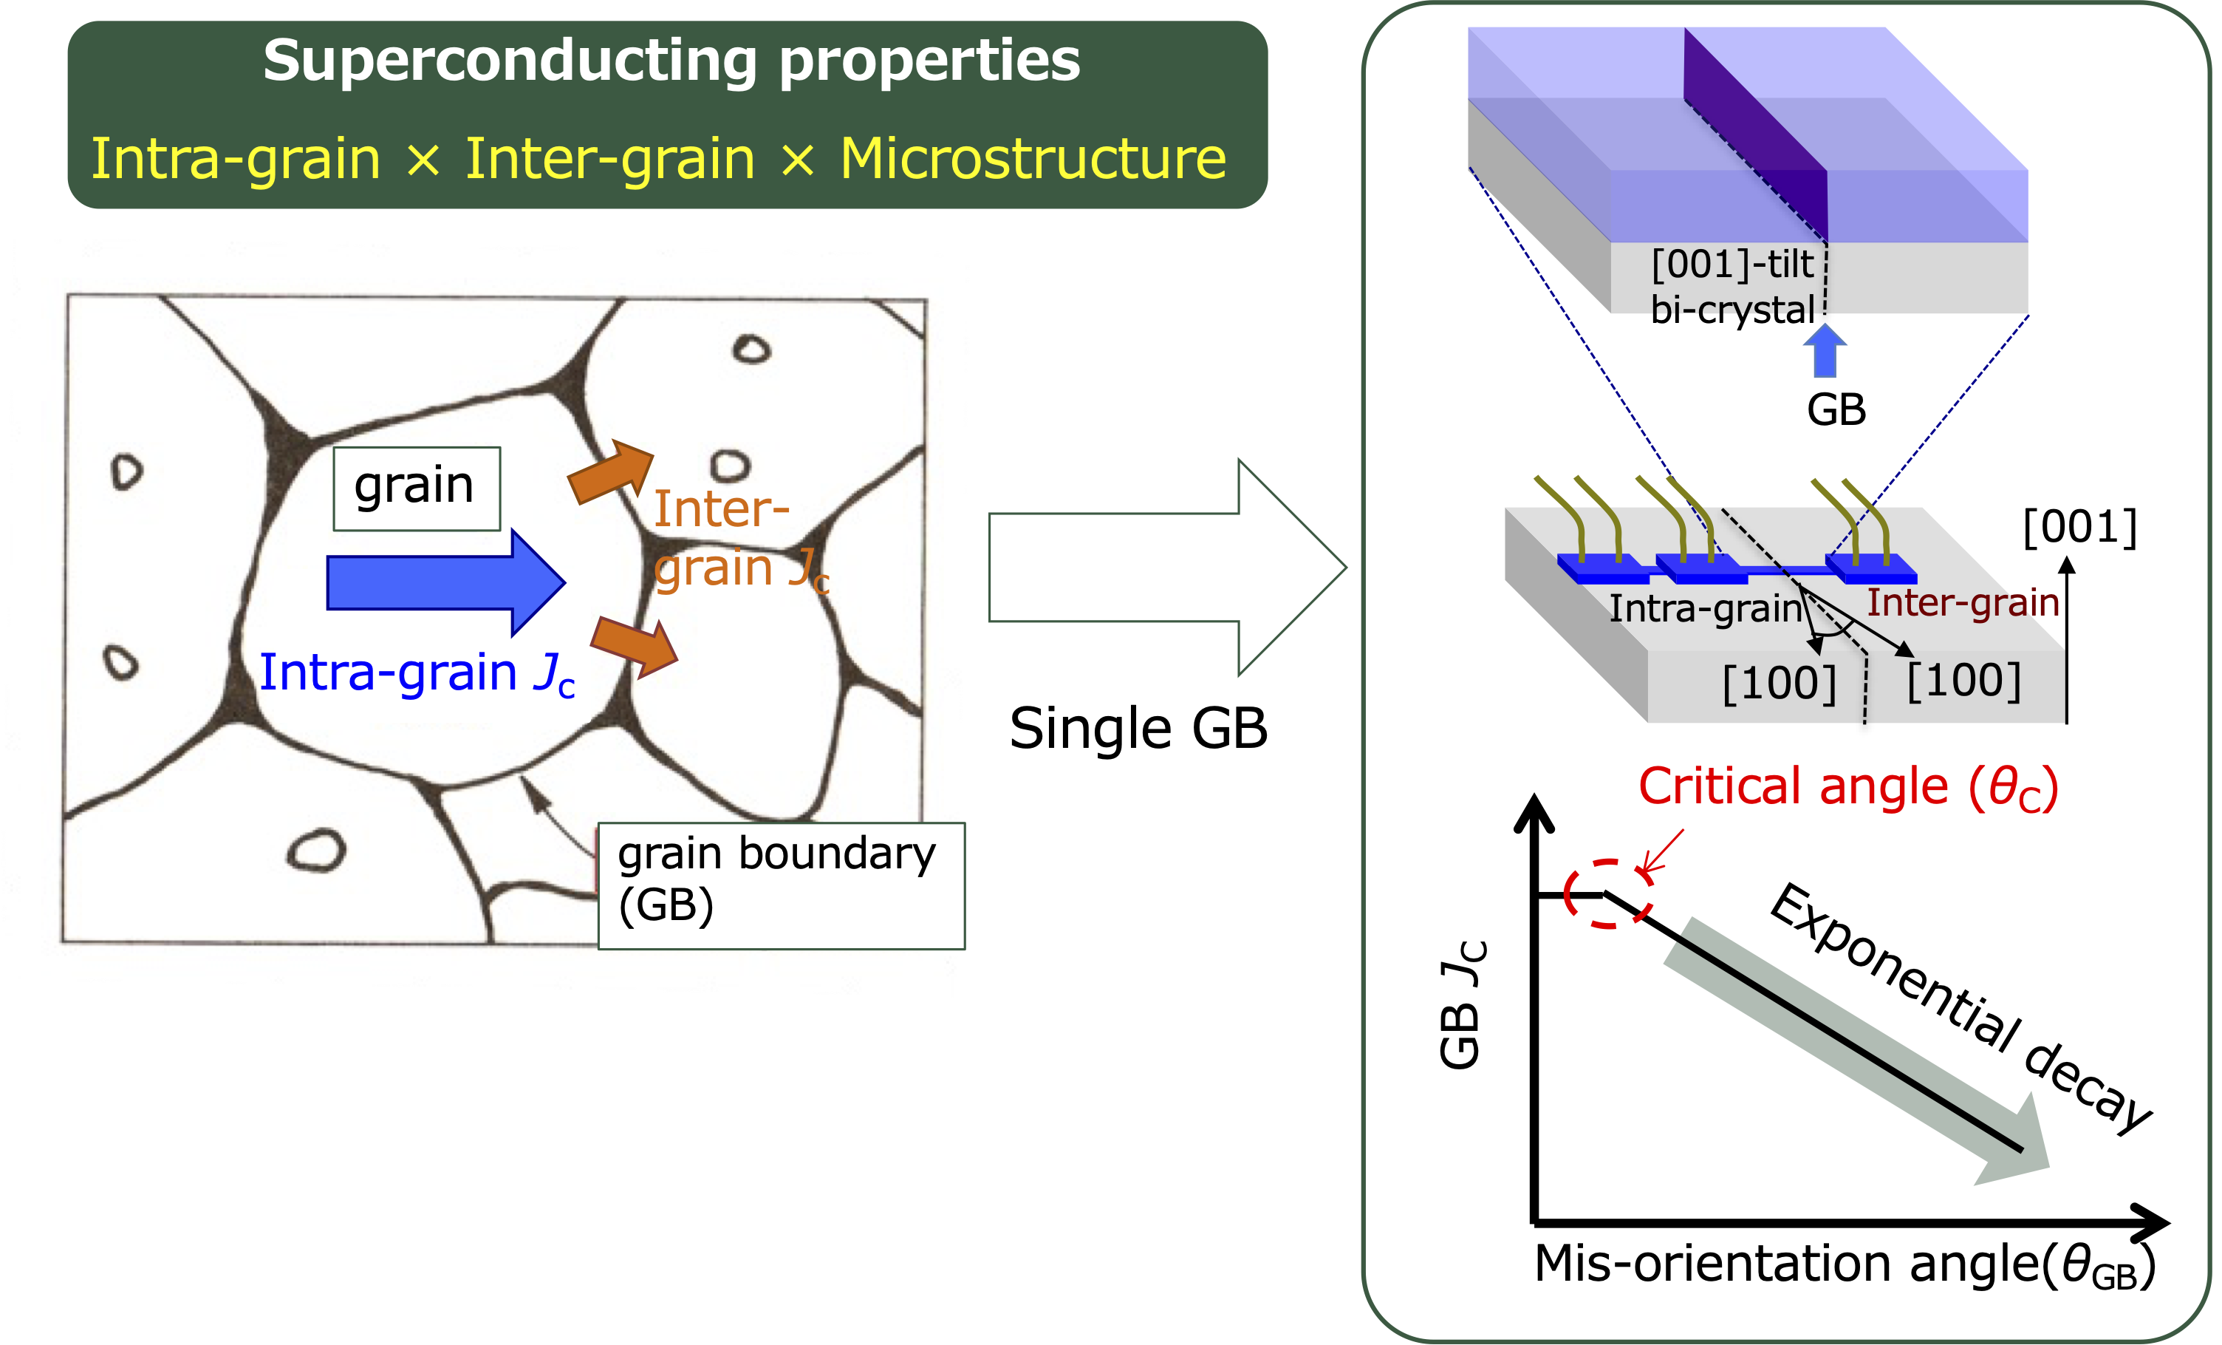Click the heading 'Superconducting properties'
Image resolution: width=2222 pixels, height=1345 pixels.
point(671,61)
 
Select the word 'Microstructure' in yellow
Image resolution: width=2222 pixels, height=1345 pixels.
point(1033,159)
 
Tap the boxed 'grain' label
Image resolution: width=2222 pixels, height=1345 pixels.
point(417,488)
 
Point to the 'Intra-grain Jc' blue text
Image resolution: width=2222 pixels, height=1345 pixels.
point(417,673)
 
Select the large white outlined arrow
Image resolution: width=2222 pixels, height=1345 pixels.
point(1168,568)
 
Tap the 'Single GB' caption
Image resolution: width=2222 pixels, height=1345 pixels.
point(1138,728)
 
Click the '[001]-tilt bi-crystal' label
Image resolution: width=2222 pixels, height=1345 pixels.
point(1732,287)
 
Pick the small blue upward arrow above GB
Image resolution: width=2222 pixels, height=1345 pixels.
point(1825,350)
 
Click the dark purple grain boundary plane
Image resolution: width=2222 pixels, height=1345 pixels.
point(1757,135)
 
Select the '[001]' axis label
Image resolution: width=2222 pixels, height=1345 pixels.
point(2079,527)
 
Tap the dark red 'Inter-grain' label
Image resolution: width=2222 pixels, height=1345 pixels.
point(1962,602)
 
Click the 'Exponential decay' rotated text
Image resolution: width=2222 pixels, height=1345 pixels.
point(1961,1009)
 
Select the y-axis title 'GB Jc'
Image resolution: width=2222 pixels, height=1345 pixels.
point(1462,1004)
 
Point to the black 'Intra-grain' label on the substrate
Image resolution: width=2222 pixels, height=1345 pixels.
point(1705,609)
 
